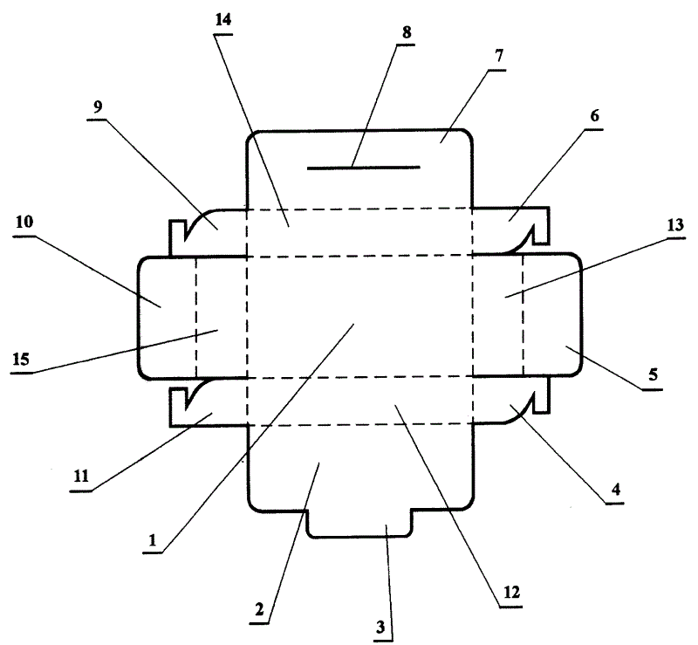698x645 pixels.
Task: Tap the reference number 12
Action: pyautogui.click(x=510, y=592)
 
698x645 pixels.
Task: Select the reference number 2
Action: pyautogui.click(x=259, y=611)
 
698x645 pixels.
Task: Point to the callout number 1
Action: pyautogui.click(x=153, y=541)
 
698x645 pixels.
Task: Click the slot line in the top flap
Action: pyautogui.click(x=363, y=167)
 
